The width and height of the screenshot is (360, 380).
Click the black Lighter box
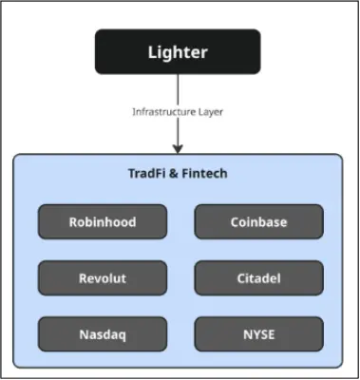pyautogui.click(x=178, y=51)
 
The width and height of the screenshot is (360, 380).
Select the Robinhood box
pyautogui.click(x=102, y=222)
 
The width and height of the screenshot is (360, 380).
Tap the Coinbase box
pyautogui.click(x=258, y=222)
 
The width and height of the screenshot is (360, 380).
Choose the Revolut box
pyautogui.click(x=102, y=278)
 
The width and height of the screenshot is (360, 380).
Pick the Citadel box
pyautogui.click(x=258, y=278)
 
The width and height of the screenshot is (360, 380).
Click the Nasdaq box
pyautogui.click(x=102, y=334)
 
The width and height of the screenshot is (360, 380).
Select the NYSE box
pyautogui.click(x=258, y=334)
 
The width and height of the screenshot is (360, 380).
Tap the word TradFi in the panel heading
pyautogui.click(x=147, y=174)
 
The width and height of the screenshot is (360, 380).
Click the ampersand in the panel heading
pyautogui.click(x=175, y=174)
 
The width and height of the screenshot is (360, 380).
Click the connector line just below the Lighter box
pyautogui.click(x=178, y=85)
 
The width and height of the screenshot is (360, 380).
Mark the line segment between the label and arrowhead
pyautogui.click(x=178, y=131)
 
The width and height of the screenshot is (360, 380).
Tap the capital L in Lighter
pyautogui.click(x=152, y=51)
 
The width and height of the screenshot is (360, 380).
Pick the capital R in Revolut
pyautogui.click(x=83, y=278)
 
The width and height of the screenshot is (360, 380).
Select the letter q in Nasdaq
pyautogui.click(x=121, y=335)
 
